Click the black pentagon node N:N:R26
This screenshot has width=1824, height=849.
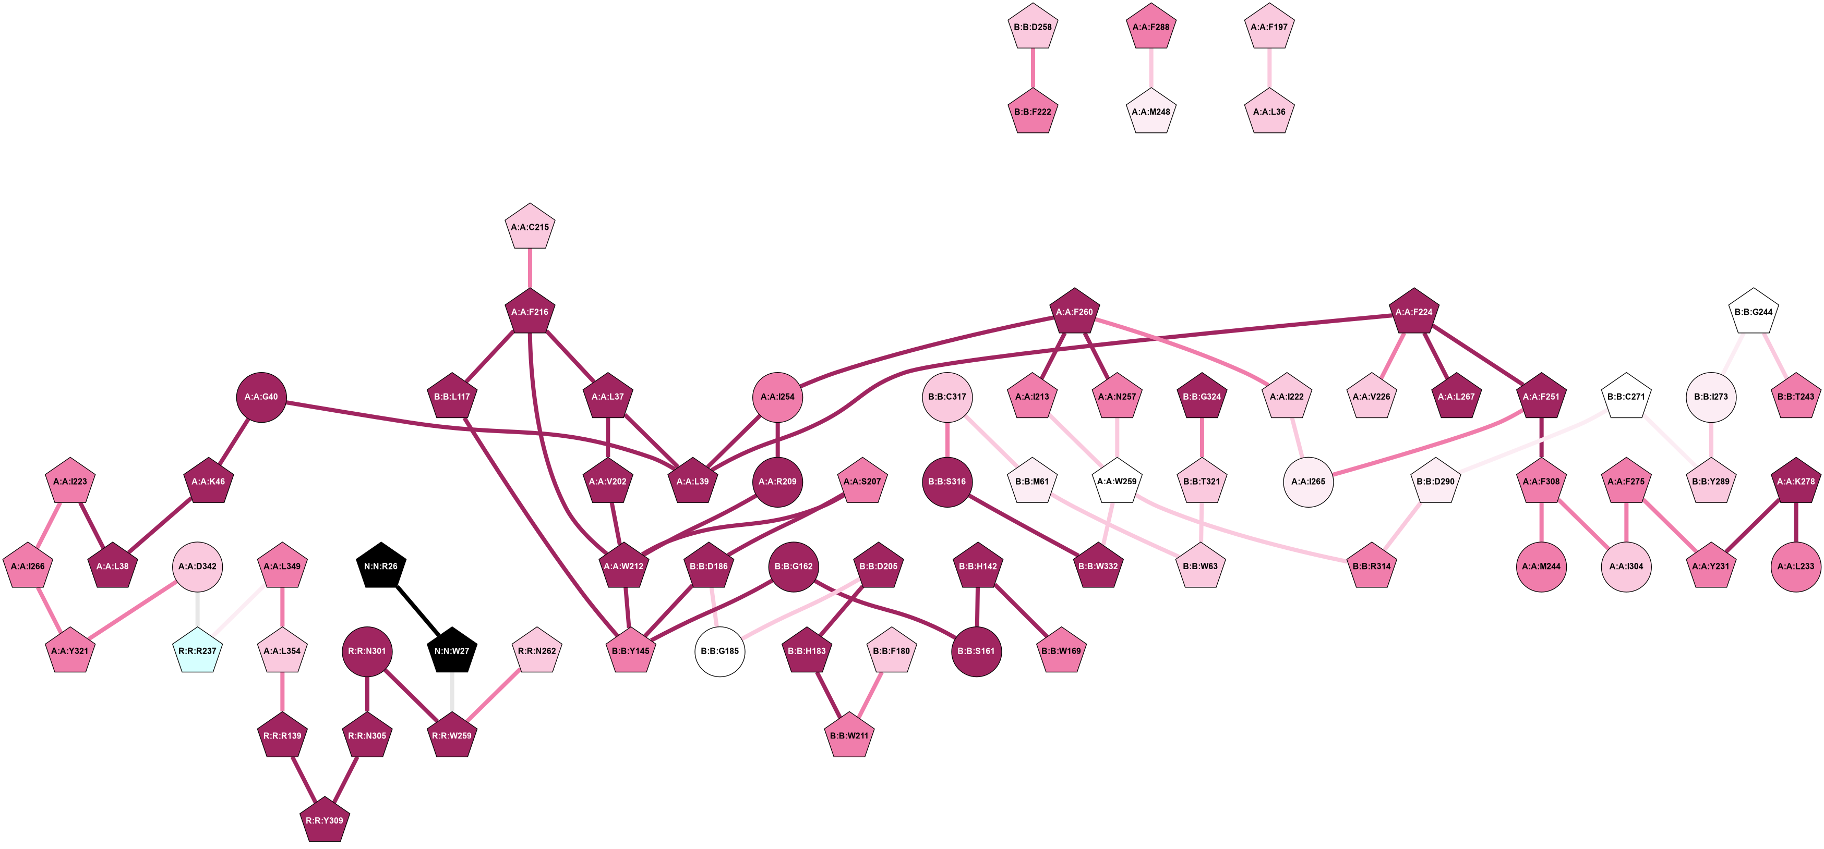[x=381, y=566]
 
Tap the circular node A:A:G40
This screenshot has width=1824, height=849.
[x=261, y=397]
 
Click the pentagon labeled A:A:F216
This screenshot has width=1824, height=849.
[x=530, y=312]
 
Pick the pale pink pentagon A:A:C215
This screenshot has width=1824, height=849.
[x=530, y=227]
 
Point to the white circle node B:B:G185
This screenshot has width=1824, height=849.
[x=720, y=651]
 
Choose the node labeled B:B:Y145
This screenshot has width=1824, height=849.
[x=630, y=651]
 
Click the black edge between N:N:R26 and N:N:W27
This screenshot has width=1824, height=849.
[x=416, y=608]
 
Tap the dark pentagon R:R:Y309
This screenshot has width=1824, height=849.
[x=325, y=821]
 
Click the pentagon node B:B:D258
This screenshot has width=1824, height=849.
[x=1033, y=28]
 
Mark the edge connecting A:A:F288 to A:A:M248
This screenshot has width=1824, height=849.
[x=1150, y=69]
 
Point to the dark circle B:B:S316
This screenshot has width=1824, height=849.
[x=947, y=482]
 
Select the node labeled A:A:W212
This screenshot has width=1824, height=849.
[x=624, y=566]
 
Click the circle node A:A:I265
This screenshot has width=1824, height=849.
[x=1308, y=482]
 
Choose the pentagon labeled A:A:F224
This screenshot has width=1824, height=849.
[x=1414, y=312]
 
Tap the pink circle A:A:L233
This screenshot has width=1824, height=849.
[x=1796, y=566]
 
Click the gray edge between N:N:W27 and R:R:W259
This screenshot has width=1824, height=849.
[x=452, y=693]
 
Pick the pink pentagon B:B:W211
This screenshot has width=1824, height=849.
[x=849, y=736]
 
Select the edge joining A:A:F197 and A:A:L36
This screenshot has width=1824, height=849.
[x=1269, y=69]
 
